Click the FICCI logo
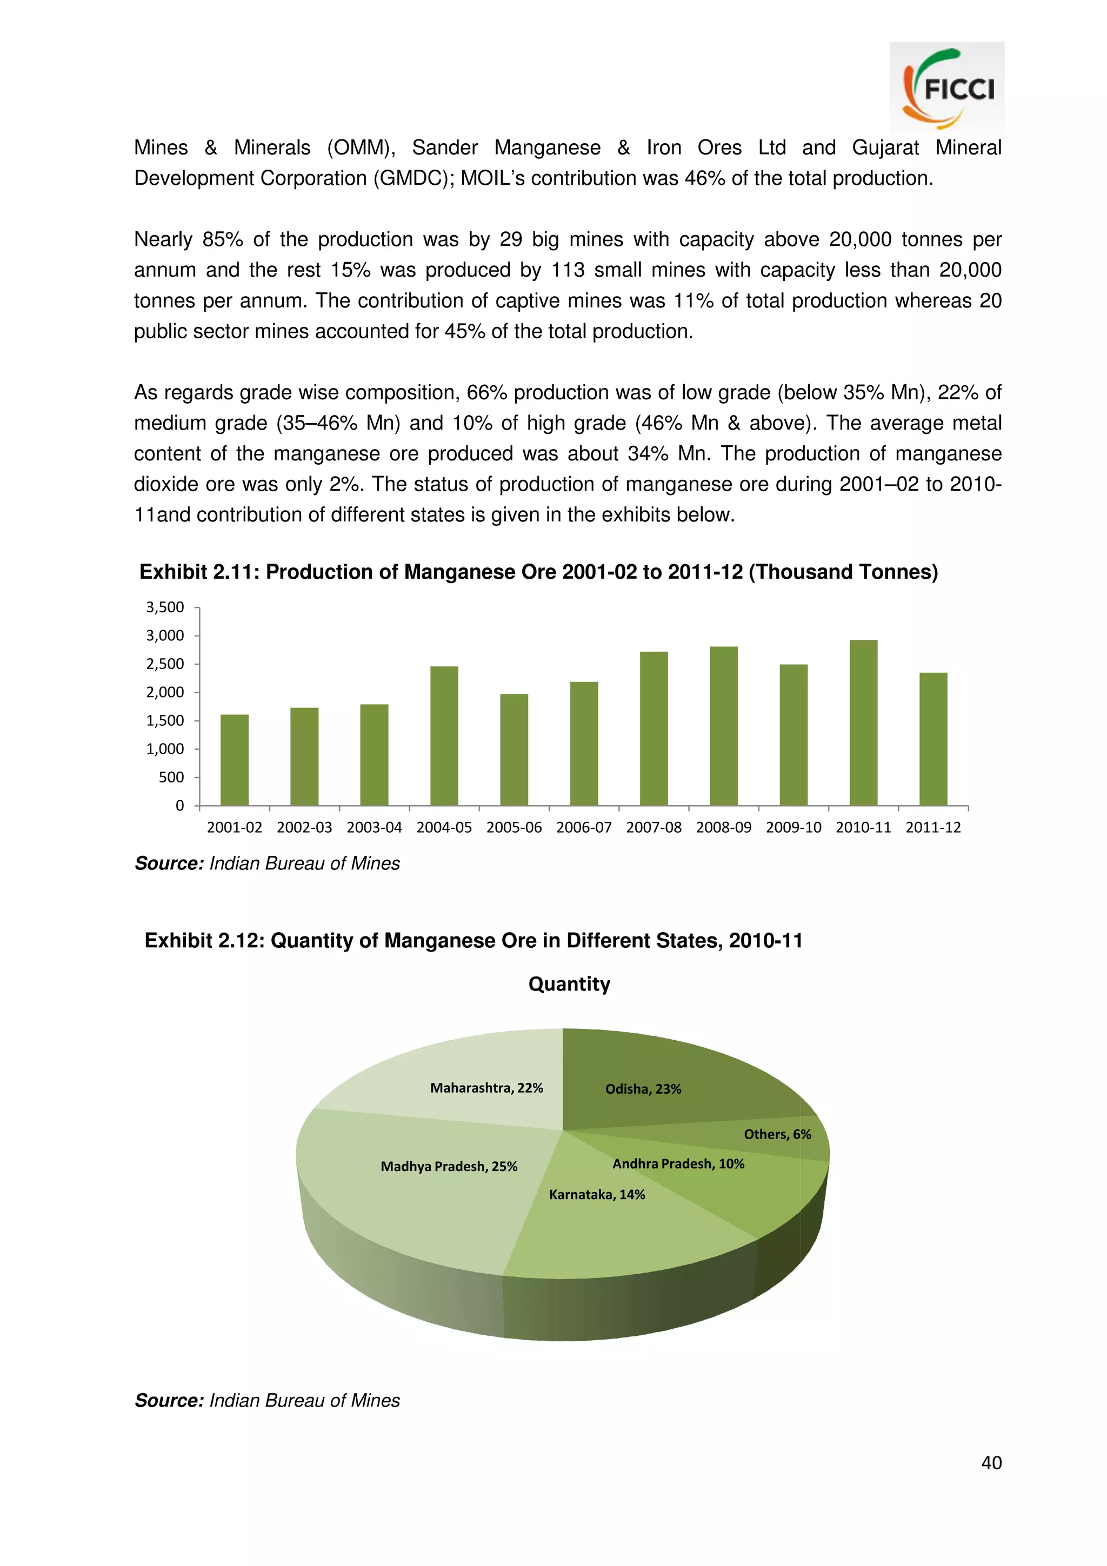946,88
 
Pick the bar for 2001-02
235,760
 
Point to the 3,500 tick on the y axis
165,607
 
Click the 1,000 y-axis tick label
165,749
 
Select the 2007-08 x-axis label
653,827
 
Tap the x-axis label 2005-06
514,827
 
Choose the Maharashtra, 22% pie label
486,1088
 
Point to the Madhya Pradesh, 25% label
449,1166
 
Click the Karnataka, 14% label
597,1194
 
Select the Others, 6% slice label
777,1134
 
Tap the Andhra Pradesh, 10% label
678,1163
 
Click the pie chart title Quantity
569,983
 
